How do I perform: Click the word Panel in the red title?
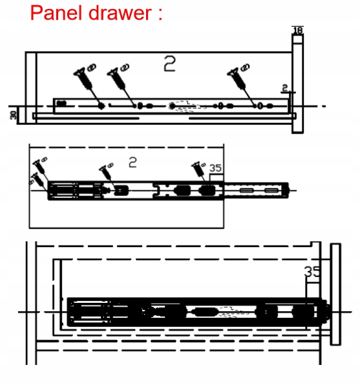[x=56, y=13]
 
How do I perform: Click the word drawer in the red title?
[x=120, y=13]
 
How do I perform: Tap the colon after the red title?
[x=160, y=15]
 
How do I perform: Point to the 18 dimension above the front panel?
[x=298, y=30]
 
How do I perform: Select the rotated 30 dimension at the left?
[x=14, y=115]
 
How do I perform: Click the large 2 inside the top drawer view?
[x=170, y=63]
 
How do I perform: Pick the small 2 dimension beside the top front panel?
[x=284, y=88]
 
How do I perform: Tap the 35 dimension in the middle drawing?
[x=216, y=168]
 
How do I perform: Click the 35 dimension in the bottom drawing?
[x=312, y=272]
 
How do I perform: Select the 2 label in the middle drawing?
[x=132, y=162]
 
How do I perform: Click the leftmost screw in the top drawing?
[x=83, y=78]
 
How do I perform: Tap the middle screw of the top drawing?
[x=117, y=78]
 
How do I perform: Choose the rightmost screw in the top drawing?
[x=237, y=78]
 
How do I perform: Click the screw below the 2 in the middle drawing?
[x=105, y=172]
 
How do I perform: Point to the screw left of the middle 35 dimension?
[x=198, y=169]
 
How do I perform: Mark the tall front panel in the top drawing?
[x=298, y=83]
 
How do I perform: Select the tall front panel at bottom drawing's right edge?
[x=335, y=294]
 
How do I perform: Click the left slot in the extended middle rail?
[x=246, y=190]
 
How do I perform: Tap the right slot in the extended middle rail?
[x=271, y=190]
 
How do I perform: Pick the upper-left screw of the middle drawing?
[x=39, y=166]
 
